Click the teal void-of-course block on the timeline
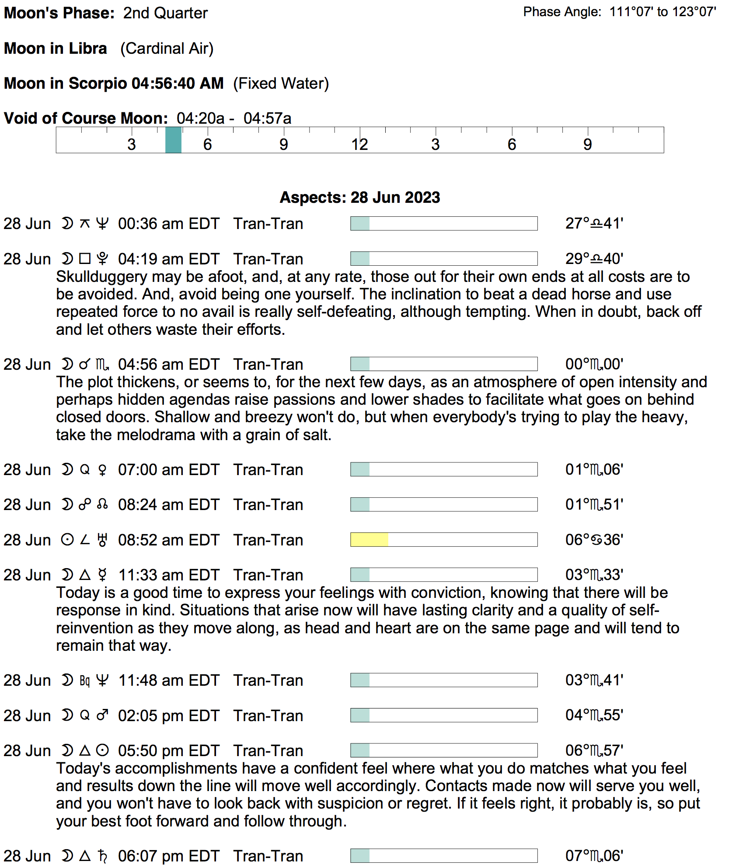pos(173,140)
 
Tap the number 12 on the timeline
pos(359,145)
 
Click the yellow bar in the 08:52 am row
pos(369,540)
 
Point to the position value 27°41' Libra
pos(594,224)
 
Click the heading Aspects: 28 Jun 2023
pos(359,198)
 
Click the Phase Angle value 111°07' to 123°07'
pos(662,12)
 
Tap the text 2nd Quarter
pos(165,13)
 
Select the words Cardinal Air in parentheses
pos(167,49)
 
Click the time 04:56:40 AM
pos(178,83)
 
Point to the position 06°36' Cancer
pos(594,540)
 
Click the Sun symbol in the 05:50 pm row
pos(102,751)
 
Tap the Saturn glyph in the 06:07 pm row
pos(102,856)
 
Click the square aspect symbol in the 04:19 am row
pos(85,259)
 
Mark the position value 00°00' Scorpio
pos(594,365)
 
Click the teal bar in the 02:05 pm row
pos(360,715)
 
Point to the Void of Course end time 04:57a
pos(267,118)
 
